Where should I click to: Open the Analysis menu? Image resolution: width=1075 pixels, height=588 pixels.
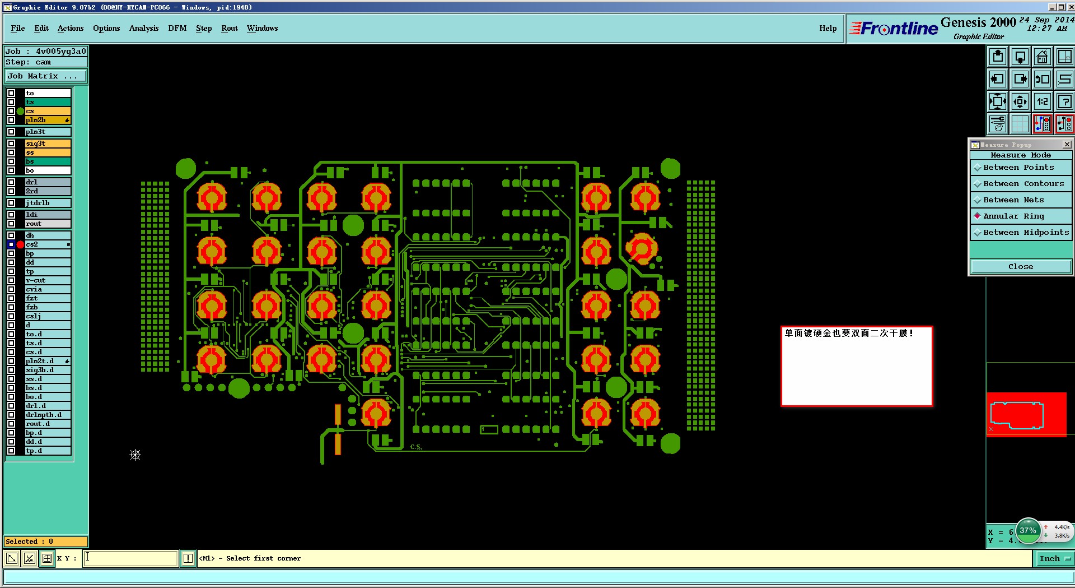tap(143, 28)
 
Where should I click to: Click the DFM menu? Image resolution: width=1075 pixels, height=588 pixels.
tap(177, 28)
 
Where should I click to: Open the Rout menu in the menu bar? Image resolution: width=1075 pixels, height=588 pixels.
tap(229, 28)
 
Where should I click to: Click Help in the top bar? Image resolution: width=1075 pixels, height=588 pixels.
tap(828, 28)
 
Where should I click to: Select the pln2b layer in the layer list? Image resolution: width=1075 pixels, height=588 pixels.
tap(47, 120)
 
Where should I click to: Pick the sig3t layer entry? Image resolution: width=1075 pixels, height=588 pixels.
tap(47, 143)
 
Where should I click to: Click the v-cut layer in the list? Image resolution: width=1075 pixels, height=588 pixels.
tap(47, 280)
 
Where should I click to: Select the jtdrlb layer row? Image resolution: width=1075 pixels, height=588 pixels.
tap(47, 203)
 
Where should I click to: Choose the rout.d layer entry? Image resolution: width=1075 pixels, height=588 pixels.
tap(47, 424)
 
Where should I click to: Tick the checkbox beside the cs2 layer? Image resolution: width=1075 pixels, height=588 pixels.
tap(11, 244)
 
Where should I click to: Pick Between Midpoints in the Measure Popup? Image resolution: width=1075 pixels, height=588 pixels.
tap(1026, 233)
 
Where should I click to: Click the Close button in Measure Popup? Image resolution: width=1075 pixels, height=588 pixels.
tap(1020, 267)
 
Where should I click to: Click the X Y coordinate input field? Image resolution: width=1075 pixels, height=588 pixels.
tap(130, 558)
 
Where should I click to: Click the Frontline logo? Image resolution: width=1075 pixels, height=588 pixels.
tap(894, 29)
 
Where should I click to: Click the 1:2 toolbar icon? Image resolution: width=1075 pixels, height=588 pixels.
tap(1042, 101)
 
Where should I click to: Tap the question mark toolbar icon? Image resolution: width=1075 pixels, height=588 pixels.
tap(1064, 101)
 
